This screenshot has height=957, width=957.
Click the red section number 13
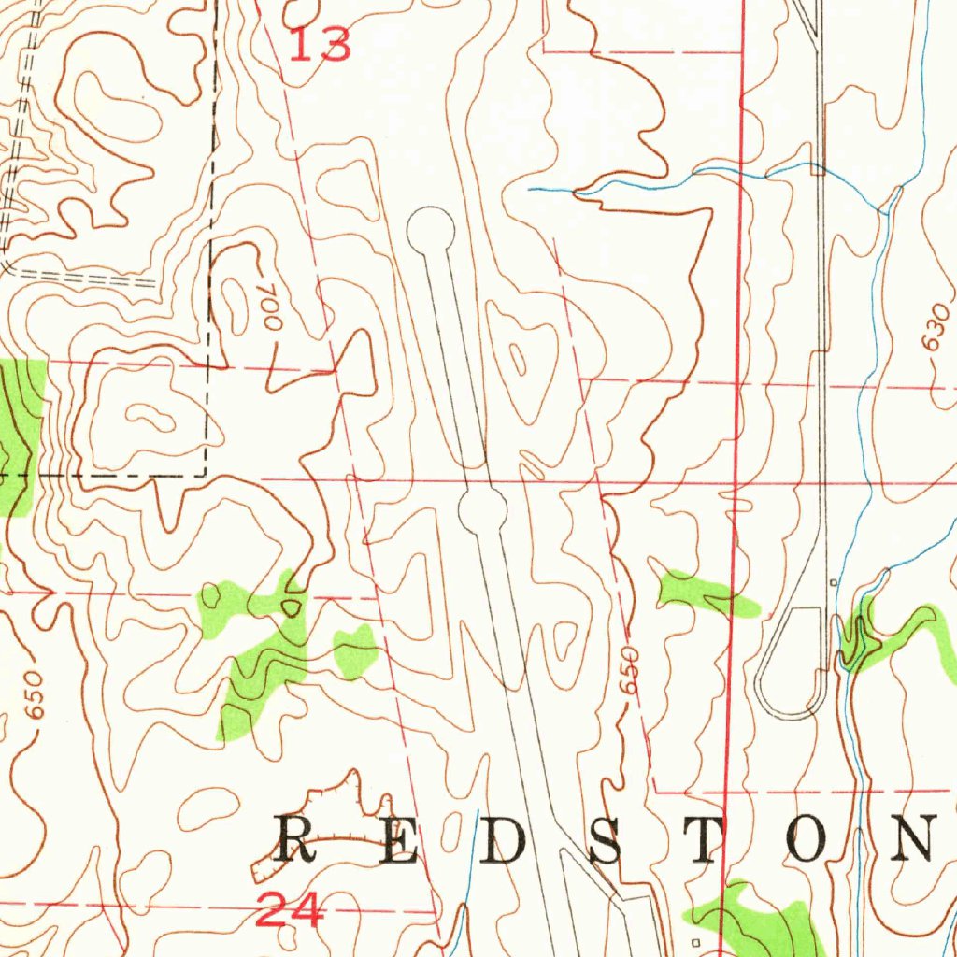320,44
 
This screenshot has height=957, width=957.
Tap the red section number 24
290,910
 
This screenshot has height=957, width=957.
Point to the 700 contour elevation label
270,307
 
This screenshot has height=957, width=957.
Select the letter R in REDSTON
297,838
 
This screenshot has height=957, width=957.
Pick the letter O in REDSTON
807,838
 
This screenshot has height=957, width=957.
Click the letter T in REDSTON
707,838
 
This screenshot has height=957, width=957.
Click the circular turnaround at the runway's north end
431,229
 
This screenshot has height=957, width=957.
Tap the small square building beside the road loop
833,582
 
